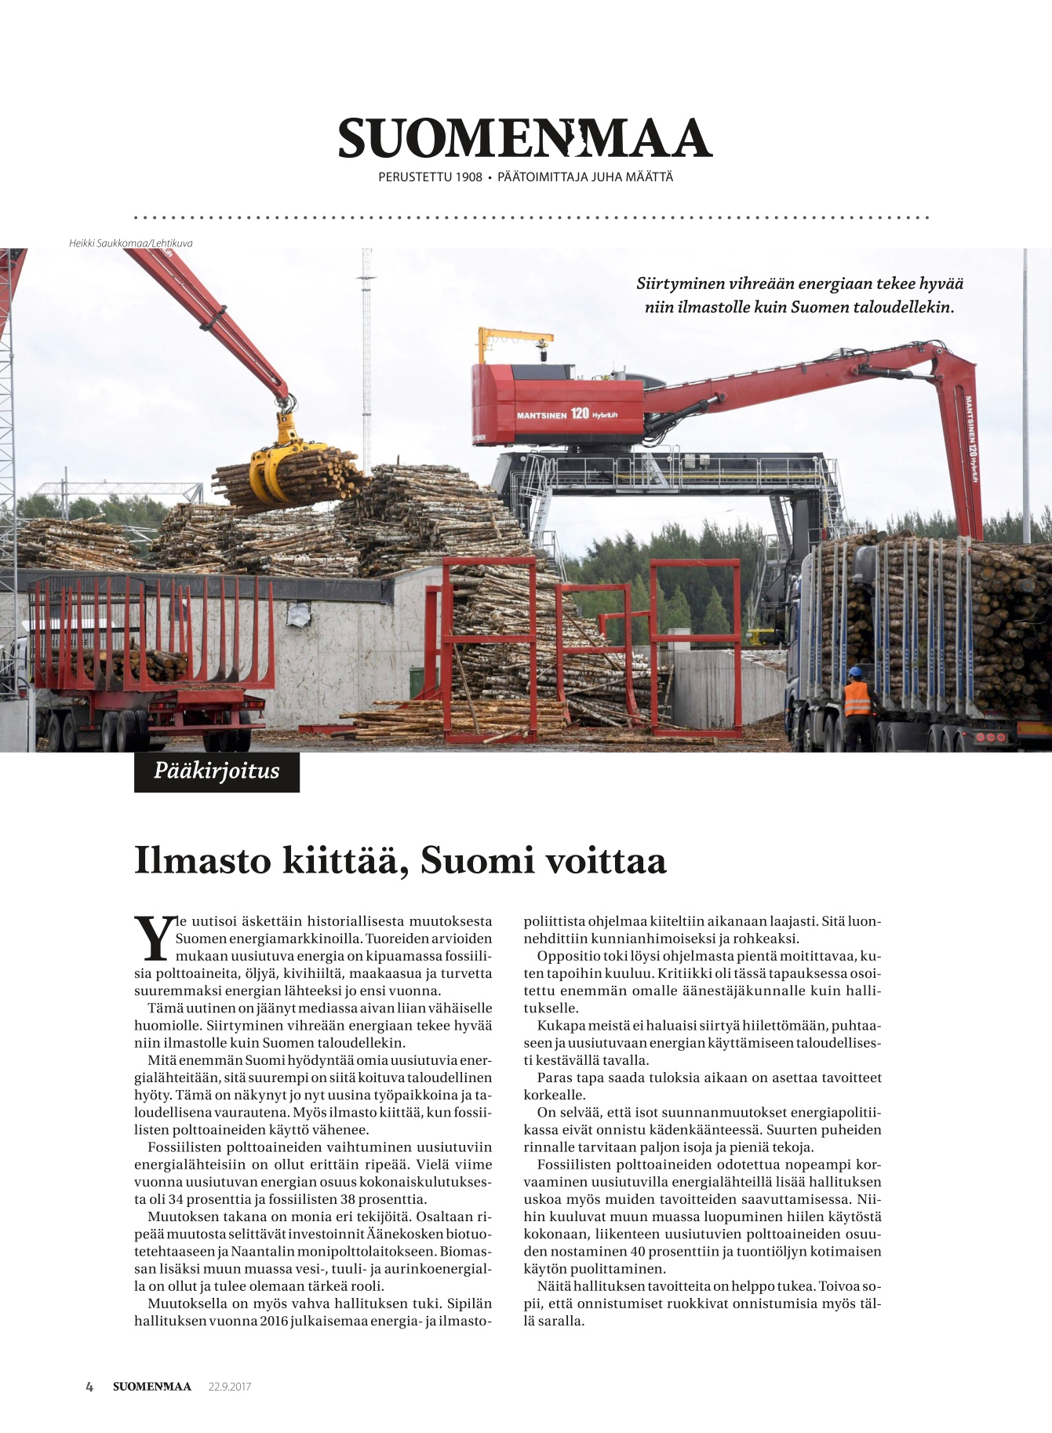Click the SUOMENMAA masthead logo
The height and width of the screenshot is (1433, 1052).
[525, 139]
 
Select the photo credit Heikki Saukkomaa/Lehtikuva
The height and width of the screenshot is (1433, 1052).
[130, 243]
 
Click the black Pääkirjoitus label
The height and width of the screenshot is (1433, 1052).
[217, 771]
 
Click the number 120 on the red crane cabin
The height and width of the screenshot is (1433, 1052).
[580, 414]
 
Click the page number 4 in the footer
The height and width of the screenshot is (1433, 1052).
[89, 1387]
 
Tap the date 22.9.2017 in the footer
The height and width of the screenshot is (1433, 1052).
[230, 1387]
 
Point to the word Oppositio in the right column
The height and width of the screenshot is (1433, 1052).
[569, 956]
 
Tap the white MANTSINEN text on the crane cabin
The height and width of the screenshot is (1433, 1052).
[541, 415]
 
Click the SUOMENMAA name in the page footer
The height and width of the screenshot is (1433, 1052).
[152, 1387]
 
